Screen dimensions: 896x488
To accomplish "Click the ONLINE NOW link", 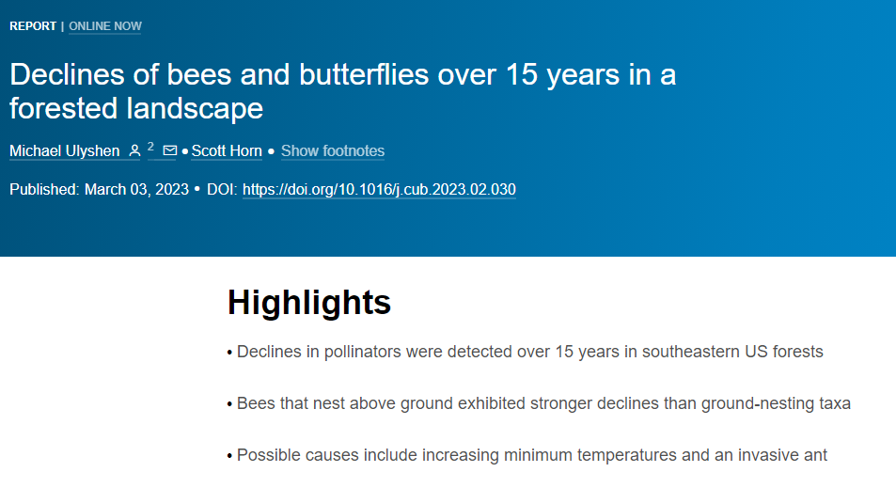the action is point(105,26).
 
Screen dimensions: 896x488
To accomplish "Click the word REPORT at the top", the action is point(33,26).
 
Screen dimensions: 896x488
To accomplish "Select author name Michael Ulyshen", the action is point(65,150).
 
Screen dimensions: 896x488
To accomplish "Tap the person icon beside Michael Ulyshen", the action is point(134,150).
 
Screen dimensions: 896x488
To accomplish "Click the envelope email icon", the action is point(170,150).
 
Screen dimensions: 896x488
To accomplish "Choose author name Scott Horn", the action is point(227,150).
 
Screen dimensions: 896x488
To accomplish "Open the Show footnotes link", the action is point(333,150).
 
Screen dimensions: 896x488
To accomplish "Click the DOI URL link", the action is point(379,190).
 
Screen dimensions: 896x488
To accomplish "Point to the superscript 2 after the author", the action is point(150,147).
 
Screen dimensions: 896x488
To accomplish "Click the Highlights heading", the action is point(309,302).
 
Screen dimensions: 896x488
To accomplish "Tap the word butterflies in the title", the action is point(364,74).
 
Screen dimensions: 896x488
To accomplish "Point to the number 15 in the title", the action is point(522,74).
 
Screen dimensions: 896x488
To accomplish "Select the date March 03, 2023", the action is point(136,190).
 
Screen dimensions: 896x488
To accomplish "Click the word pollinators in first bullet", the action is point(363,352).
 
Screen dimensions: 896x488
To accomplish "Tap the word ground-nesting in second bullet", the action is point(758,403).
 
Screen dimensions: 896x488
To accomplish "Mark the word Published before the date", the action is point(44,190).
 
